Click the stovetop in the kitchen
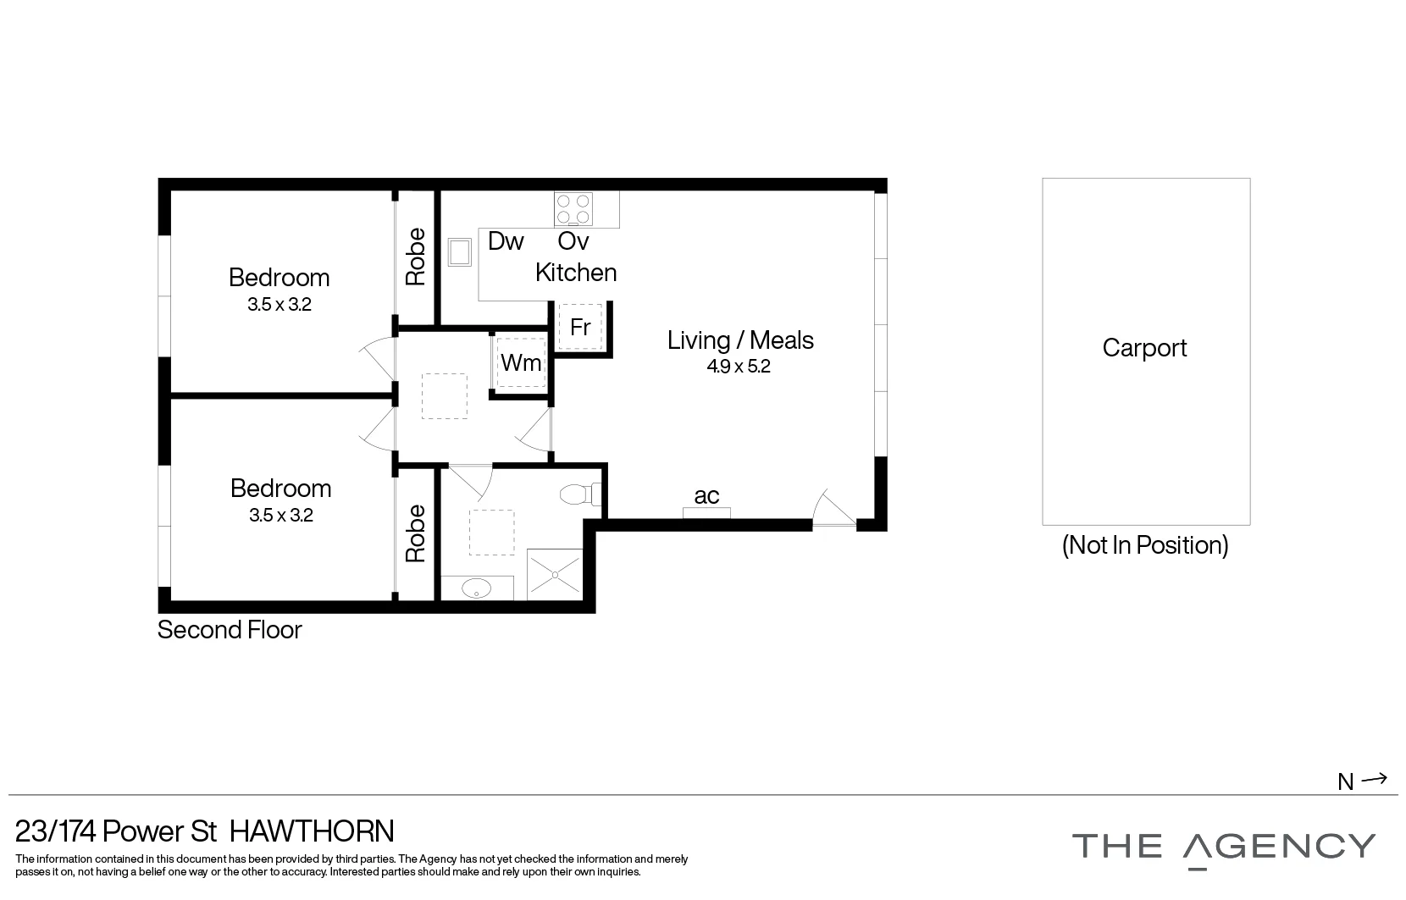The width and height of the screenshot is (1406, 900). tap(573, 209)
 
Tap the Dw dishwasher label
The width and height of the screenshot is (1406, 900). tap(506, 241)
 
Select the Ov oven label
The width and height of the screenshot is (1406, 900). tap(573, 241)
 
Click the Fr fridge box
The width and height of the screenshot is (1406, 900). tap(580, 328)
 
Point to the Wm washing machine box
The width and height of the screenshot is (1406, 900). tap(521, 363)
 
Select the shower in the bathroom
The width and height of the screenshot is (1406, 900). tap(555, 574)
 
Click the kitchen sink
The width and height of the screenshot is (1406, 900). tap(461, 252)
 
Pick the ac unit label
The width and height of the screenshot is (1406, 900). tap(706, 496)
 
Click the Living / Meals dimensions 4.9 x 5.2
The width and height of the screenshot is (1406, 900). tap(739, 367)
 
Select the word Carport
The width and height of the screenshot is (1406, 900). tap(1144, 348)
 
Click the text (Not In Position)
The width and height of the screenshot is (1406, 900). tap(1145, 544)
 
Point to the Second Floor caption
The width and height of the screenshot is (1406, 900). tap(230, 630)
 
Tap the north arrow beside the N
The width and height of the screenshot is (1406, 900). tap(1375, 779)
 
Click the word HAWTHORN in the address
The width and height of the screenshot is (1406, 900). tap(312, 831)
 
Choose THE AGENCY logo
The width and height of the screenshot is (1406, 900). tap(1223, 848)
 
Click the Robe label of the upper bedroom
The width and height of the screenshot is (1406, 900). tap(416, 257)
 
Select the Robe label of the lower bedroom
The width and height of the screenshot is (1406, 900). tap(416, 533)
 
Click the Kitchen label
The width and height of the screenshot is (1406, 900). tap(576, 273)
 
